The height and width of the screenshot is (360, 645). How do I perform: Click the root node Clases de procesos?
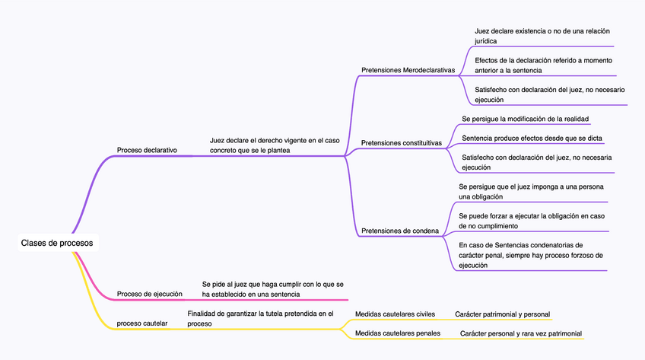pos(57,243)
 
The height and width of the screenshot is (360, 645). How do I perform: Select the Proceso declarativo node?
pos(147,150)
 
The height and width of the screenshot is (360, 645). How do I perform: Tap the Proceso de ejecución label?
pos(150,294)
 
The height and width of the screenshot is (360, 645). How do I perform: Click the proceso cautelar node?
pos(142,323)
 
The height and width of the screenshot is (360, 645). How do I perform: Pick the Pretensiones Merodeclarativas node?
pos(408,70)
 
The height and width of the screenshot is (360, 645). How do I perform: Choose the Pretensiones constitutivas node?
pos(401,142)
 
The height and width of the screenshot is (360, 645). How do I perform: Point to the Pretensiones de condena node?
pos(400,231)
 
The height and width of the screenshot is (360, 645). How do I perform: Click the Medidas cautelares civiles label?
pos(395,314)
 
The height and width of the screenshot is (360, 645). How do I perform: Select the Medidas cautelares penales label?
pos(398,333)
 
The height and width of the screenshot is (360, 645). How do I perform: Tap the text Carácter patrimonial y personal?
pos(503,314)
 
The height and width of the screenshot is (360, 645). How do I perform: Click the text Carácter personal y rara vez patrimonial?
pos(521,333)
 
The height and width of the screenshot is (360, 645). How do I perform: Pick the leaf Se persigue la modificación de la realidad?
pos(526,119)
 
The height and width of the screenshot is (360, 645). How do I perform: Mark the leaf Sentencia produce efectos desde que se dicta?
pos(532,138)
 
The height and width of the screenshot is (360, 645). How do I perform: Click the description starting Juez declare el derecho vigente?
pos(275,145)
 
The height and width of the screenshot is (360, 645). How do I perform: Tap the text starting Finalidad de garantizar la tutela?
pos(260,318)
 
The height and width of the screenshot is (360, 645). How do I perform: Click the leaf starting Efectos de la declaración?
pos(543,65)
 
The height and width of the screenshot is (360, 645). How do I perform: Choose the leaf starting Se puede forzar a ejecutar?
pos(532,221)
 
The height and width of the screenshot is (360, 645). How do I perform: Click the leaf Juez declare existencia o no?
pos(542,36)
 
